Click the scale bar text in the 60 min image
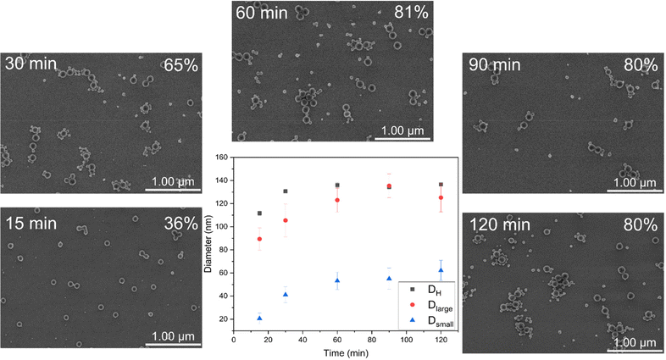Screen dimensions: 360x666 (x=405, y=130)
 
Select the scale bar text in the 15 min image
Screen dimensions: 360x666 (x=176, y=336)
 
